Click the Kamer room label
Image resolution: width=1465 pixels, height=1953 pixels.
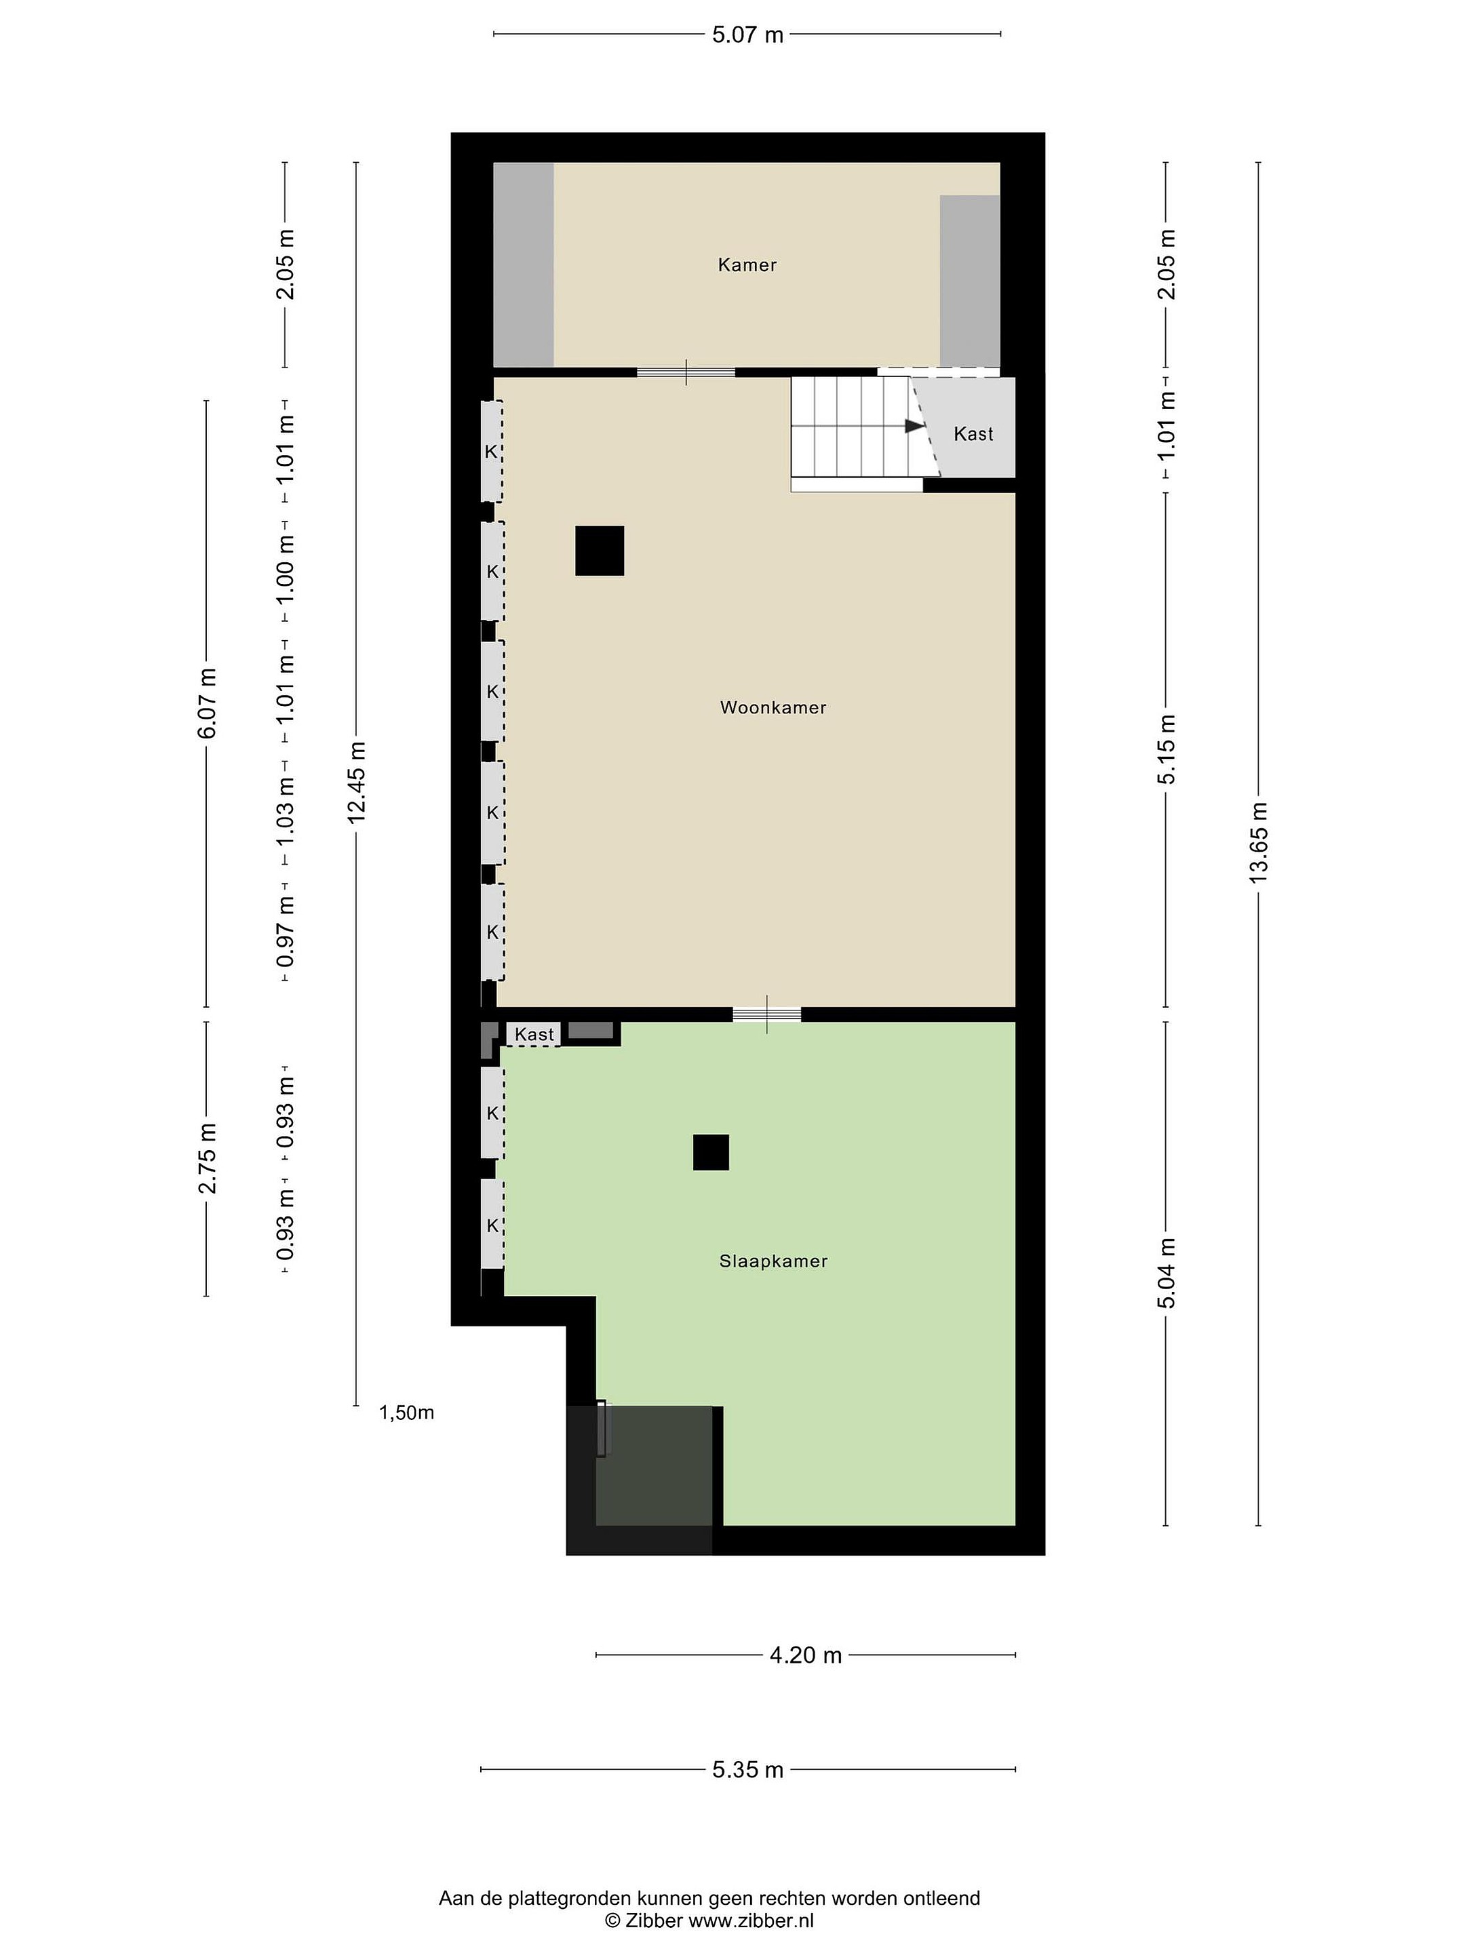tap(747, 265)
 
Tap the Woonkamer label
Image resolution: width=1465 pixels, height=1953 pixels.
tap(773, 707)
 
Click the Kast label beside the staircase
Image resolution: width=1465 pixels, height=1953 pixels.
tap(973, 433)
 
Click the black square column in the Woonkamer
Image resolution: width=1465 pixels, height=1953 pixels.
tap(600, 551)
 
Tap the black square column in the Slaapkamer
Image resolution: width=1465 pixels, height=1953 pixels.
tap(711, 1152)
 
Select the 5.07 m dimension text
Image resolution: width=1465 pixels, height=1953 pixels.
tap(748, 35)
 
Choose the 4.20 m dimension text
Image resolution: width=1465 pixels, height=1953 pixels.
tap(805, 1655)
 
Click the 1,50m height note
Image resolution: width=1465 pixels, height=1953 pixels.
tap(406, 1413)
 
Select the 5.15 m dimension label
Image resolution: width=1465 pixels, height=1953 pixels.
tap(1167, 749)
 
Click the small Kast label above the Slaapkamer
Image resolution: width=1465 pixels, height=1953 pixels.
tap(534, 1034)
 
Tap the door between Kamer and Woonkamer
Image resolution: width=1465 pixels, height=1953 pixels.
tap(686, 372)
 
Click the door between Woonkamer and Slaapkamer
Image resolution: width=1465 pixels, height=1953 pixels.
tap(766, 1014)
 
